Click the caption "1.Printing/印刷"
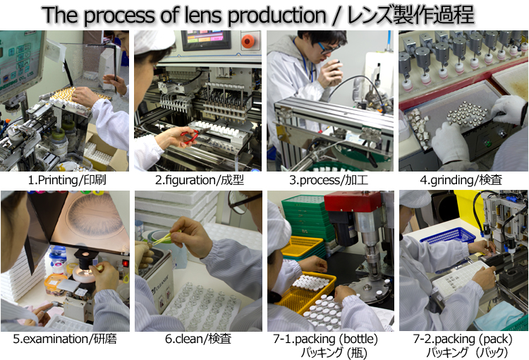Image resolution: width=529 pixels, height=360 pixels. [x=67, y=180]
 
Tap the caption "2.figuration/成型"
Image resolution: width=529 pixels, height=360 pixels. [x=200, y=180]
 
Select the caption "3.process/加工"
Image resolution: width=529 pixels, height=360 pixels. [x=329, y=180]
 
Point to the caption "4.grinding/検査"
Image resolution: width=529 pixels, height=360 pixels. [x=461, y=180]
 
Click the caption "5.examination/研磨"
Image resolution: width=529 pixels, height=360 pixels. [x=65, y=339]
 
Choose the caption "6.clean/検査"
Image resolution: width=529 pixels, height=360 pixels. [x=198, y=339]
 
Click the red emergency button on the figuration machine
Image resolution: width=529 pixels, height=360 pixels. [x=248, y=41]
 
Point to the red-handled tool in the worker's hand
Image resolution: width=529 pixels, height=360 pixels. [x=190, y=136]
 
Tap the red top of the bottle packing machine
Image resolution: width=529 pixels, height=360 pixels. [x=353, y=202]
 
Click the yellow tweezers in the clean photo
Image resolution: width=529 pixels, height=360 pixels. [x=164, y=236]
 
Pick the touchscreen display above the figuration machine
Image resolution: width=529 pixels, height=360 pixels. [x=206, y=40]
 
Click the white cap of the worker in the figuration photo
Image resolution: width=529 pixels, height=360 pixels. [x=154, y=41]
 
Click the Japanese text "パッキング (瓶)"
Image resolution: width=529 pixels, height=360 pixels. [x=334, y=352]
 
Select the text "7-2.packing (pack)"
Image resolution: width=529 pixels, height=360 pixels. [x=463, y=339]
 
